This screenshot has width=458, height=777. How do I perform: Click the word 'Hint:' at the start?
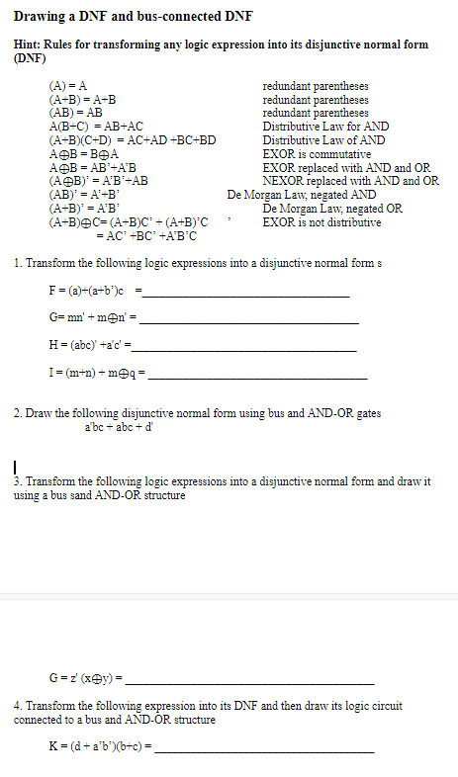coord(29,44)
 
